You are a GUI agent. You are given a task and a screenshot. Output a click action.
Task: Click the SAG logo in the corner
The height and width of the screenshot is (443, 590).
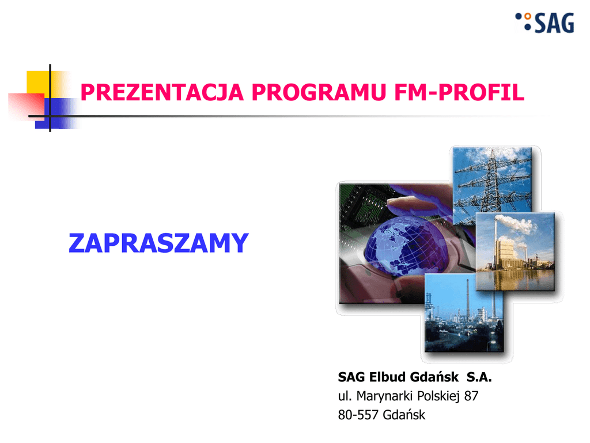pos(545,22)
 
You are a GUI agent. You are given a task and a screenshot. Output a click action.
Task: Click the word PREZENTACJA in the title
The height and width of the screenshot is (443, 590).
pos(162,92)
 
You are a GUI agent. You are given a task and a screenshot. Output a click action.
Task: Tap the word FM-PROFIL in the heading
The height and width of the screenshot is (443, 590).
pos(459,92)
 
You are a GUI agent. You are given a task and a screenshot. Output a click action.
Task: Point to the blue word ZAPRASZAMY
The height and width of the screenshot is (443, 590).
pos(158,243)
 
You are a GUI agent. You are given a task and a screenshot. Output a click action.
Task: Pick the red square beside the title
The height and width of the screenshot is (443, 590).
pos(27,106)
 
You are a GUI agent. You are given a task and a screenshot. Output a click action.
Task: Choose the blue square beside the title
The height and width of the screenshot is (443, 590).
pos(56,114)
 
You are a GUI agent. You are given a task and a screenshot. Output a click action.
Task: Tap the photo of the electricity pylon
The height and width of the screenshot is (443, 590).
pos(492,185)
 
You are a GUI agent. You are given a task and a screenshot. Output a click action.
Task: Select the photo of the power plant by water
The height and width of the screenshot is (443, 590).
pos(515,251)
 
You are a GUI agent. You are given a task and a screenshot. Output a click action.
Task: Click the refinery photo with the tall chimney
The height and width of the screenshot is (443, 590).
pos(464,313)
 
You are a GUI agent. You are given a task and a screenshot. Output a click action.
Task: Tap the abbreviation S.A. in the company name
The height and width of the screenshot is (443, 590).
pos(479,377)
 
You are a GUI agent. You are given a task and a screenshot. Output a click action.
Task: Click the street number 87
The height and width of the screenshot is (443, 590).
pos(471,396)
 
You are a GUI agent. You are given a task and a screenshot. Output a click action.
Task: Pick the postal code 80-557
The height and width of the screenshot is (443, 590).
pos(358,415)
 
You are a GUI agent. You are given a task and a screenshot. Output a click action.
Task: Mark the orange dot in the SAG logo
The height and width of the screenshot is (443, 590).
pos(528,16)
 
